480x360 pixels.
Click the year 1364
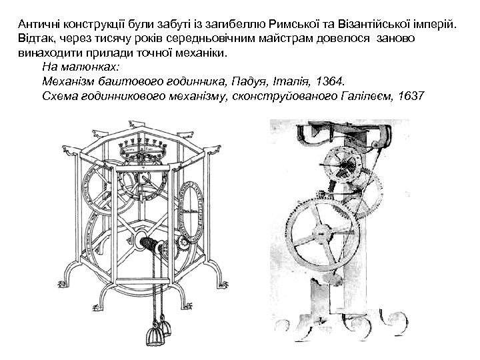click(329, 81)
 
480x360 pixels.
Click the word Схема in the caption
click(59, 95)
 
